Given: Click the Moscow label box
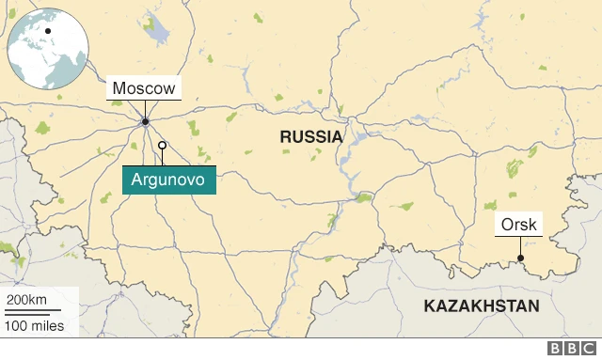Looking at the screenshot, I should point(143,89).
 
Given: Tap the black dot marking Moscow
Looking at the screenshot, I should point(145,121).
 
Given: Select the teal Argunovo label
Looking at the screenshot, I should point(169,179).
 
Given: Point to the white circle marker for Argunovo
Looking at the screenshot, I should point(162,145).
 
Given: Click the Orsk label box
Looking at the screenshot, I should point(519,226).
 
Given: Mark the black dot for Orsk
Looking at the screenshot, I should point(520,259).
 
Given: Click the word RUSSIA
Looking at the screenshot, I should point(310,137).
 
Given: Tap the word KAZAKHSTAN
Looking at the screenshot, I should point(482,306).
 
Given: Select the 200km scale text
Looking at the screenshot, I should point(26,299).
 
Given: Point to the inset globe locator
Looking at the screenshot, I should point(47,47).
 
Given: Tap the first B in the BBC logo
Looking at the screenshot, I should point(557,349).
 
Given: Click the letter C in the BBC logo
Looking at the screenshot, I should point(589,349).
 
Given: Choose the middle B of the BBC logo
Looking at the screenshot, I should point(573,349).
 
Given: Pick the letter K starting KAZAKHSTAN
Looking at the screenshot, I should point(429,306).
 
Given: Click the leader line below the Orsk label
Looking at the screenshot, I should point(520,247).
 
